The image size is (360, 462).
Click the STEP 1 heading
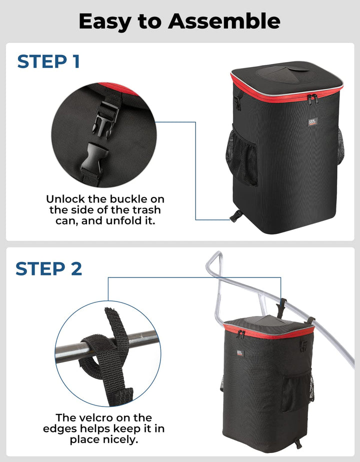[x=48, y=61]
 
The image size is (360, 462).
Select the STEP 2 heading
[x=49, y=268]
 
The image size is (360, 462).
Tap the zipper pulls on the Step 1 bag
[x=312, y=99]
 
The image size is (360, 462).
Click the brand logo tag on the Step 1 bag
[x=312, y=121]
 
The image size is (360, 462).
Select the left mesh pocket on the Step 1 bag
[x=241, y=157]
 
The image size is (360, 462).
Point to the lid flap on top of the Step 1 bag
[x=283, y=72]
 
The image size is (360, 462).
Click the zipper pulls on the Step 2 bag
[x=241, y=334]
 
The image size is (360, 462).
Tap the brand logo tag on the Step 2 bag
[x=240, y=352]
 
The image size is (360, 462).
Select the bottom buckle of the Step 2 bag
[x=298, y=443]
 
